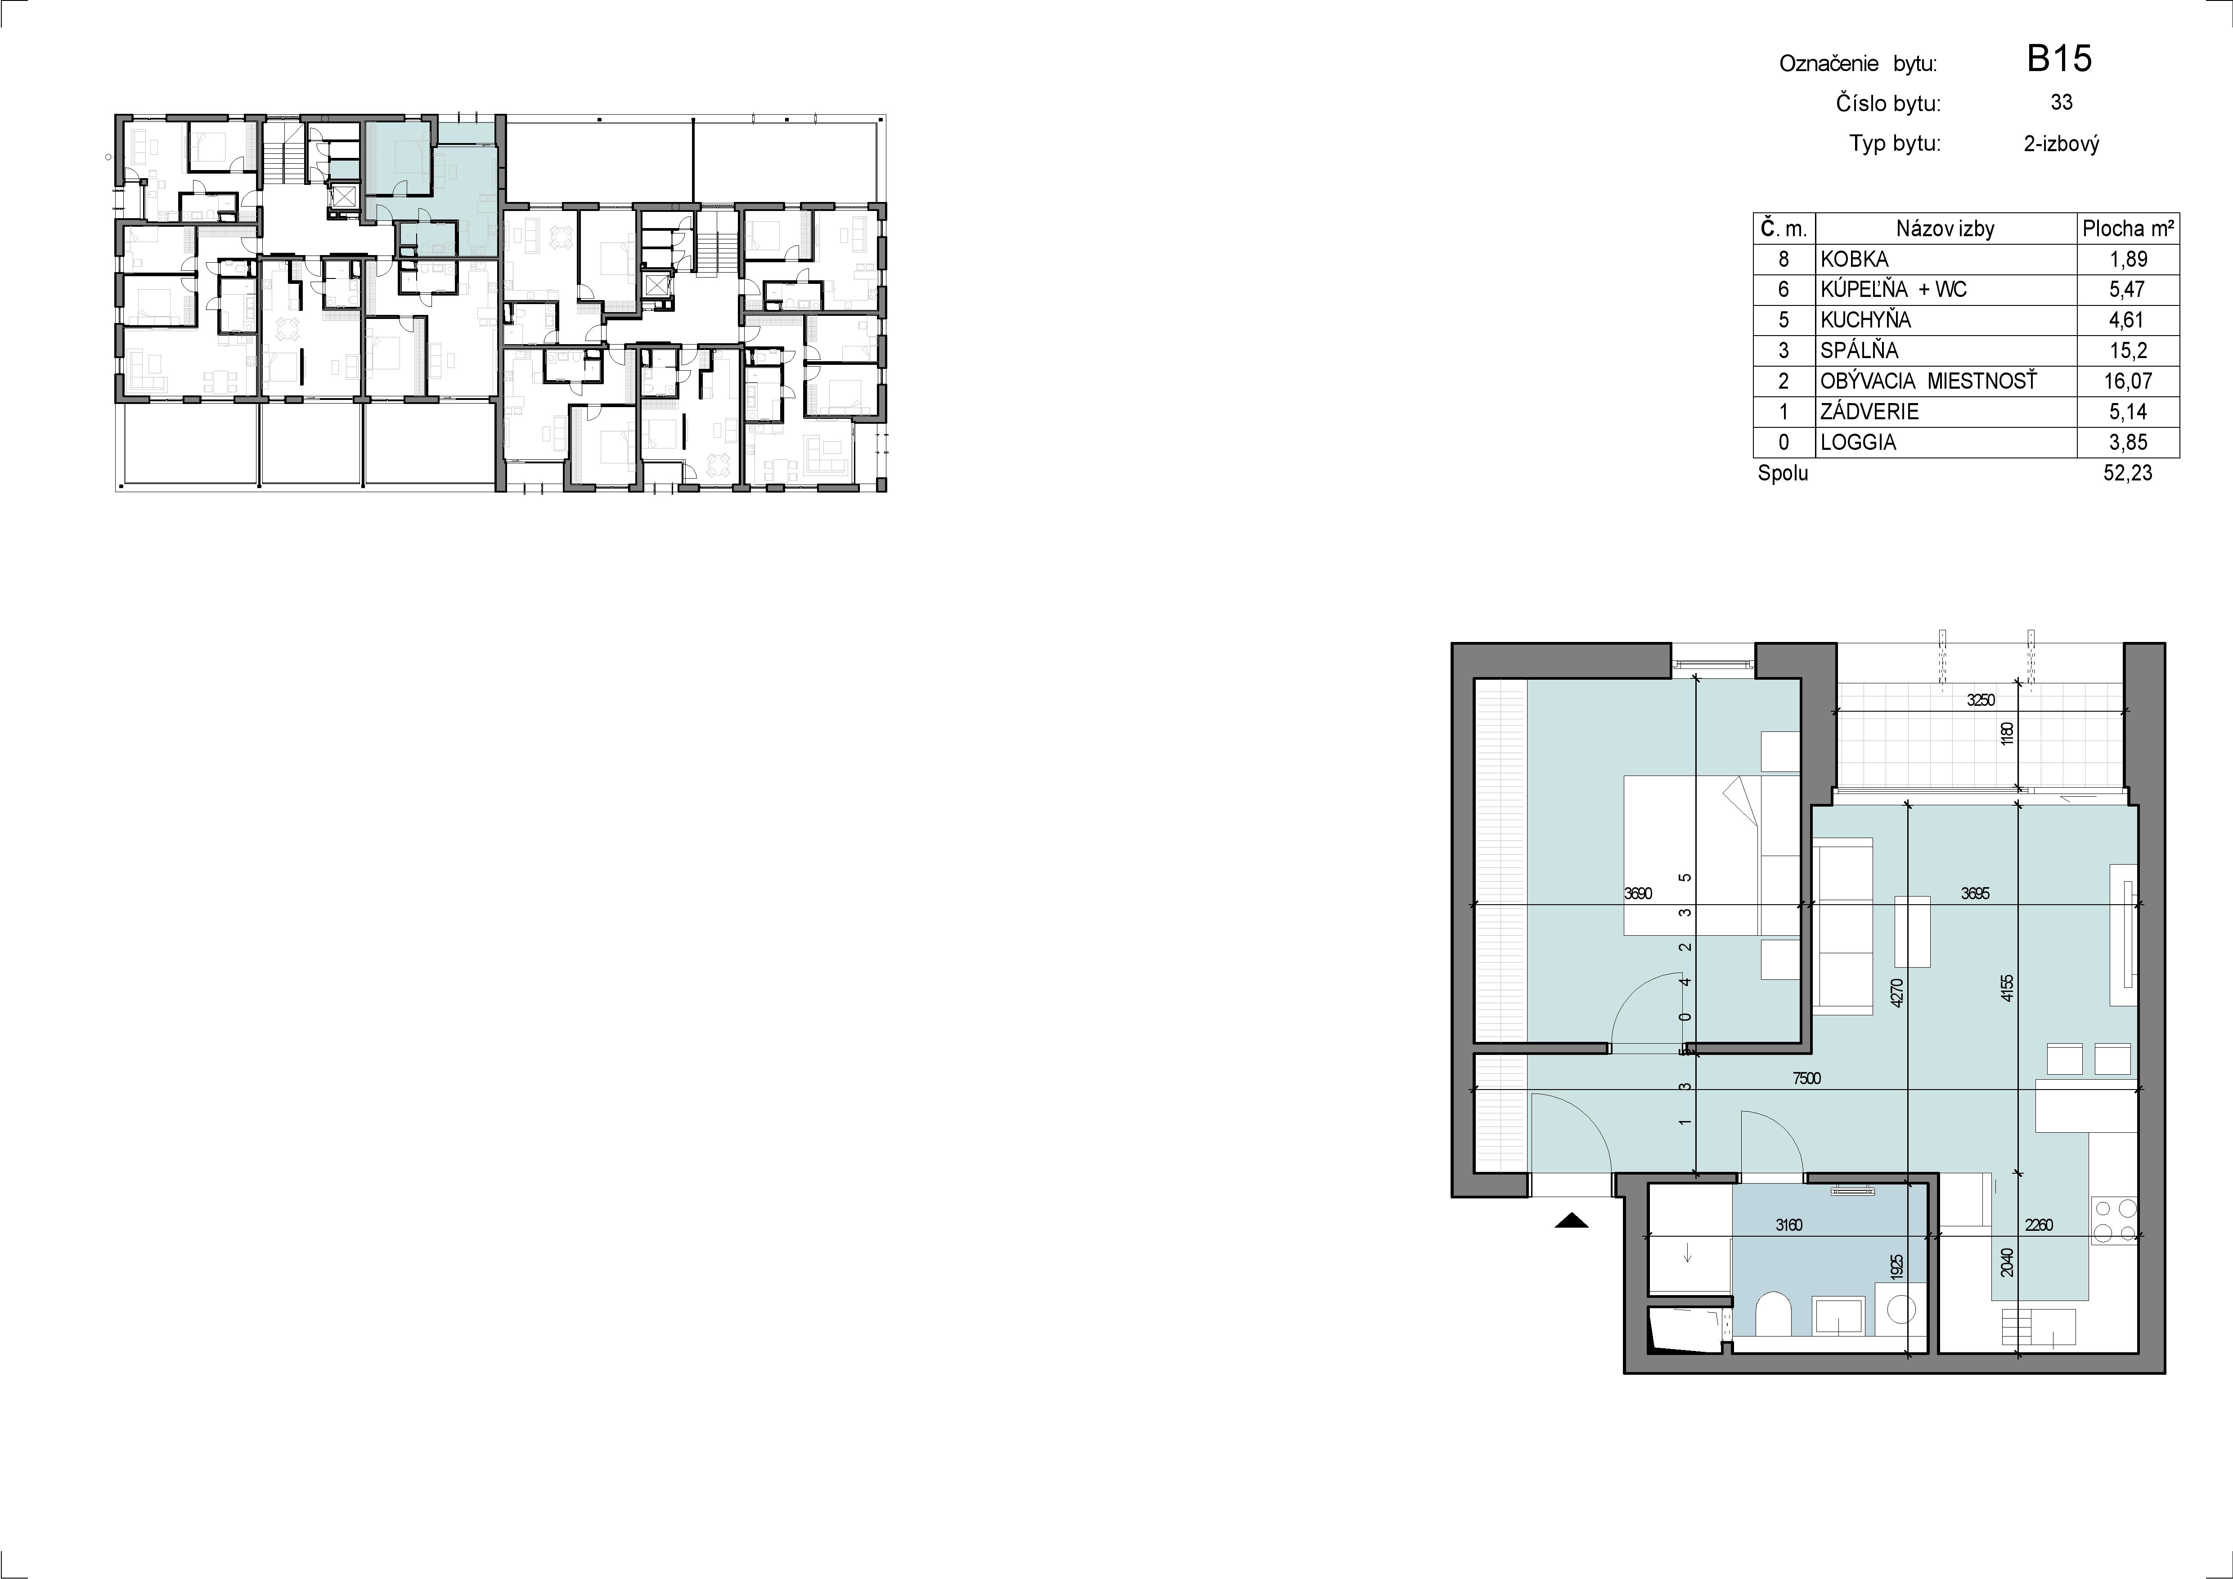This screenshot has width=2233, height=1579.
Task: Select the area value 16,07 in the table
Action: [x=2128, y=381]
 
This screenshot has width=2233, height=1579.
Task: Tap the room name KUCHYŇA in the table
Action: [x=1861, y=320]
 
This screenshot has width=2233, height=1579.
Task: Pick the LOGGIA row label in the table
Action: [x=1858, y=442]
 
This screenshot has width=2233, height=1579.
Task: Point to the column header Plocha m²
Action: [x=2128, y=229]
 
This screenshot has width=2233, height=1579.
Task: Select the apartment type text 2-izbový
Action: [x=2061, y=144]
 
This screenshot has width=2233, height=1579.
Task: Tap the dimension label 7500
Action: [x=1806, y=1078]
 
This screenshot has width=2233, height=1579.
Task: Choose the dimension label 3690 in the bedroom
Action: [x=1638, y=893]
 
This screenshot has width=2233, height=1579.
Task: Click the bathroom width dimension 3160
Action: [x=1788, y=1225]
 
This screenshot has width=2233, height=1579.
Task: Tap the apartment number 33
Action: [x=2061, y=102]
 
